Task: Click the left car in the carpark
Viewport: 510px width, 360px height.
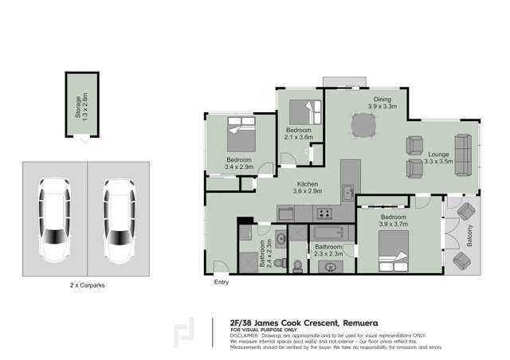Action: coord(55,219)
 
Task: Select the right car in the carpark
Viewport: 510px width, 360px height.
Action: coord(118,219)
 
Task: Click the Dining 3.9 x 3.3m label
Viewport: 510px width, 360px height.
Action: coord(382,102)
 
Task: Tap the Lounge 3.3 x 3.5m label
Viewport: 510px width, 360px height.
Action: coord(438,158)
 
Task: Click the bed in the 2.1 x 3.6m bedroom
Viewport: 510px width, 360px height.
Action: coord(304,110)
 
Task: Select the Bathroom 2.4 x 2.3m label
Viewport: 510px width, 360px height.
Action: coord(268,251)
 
